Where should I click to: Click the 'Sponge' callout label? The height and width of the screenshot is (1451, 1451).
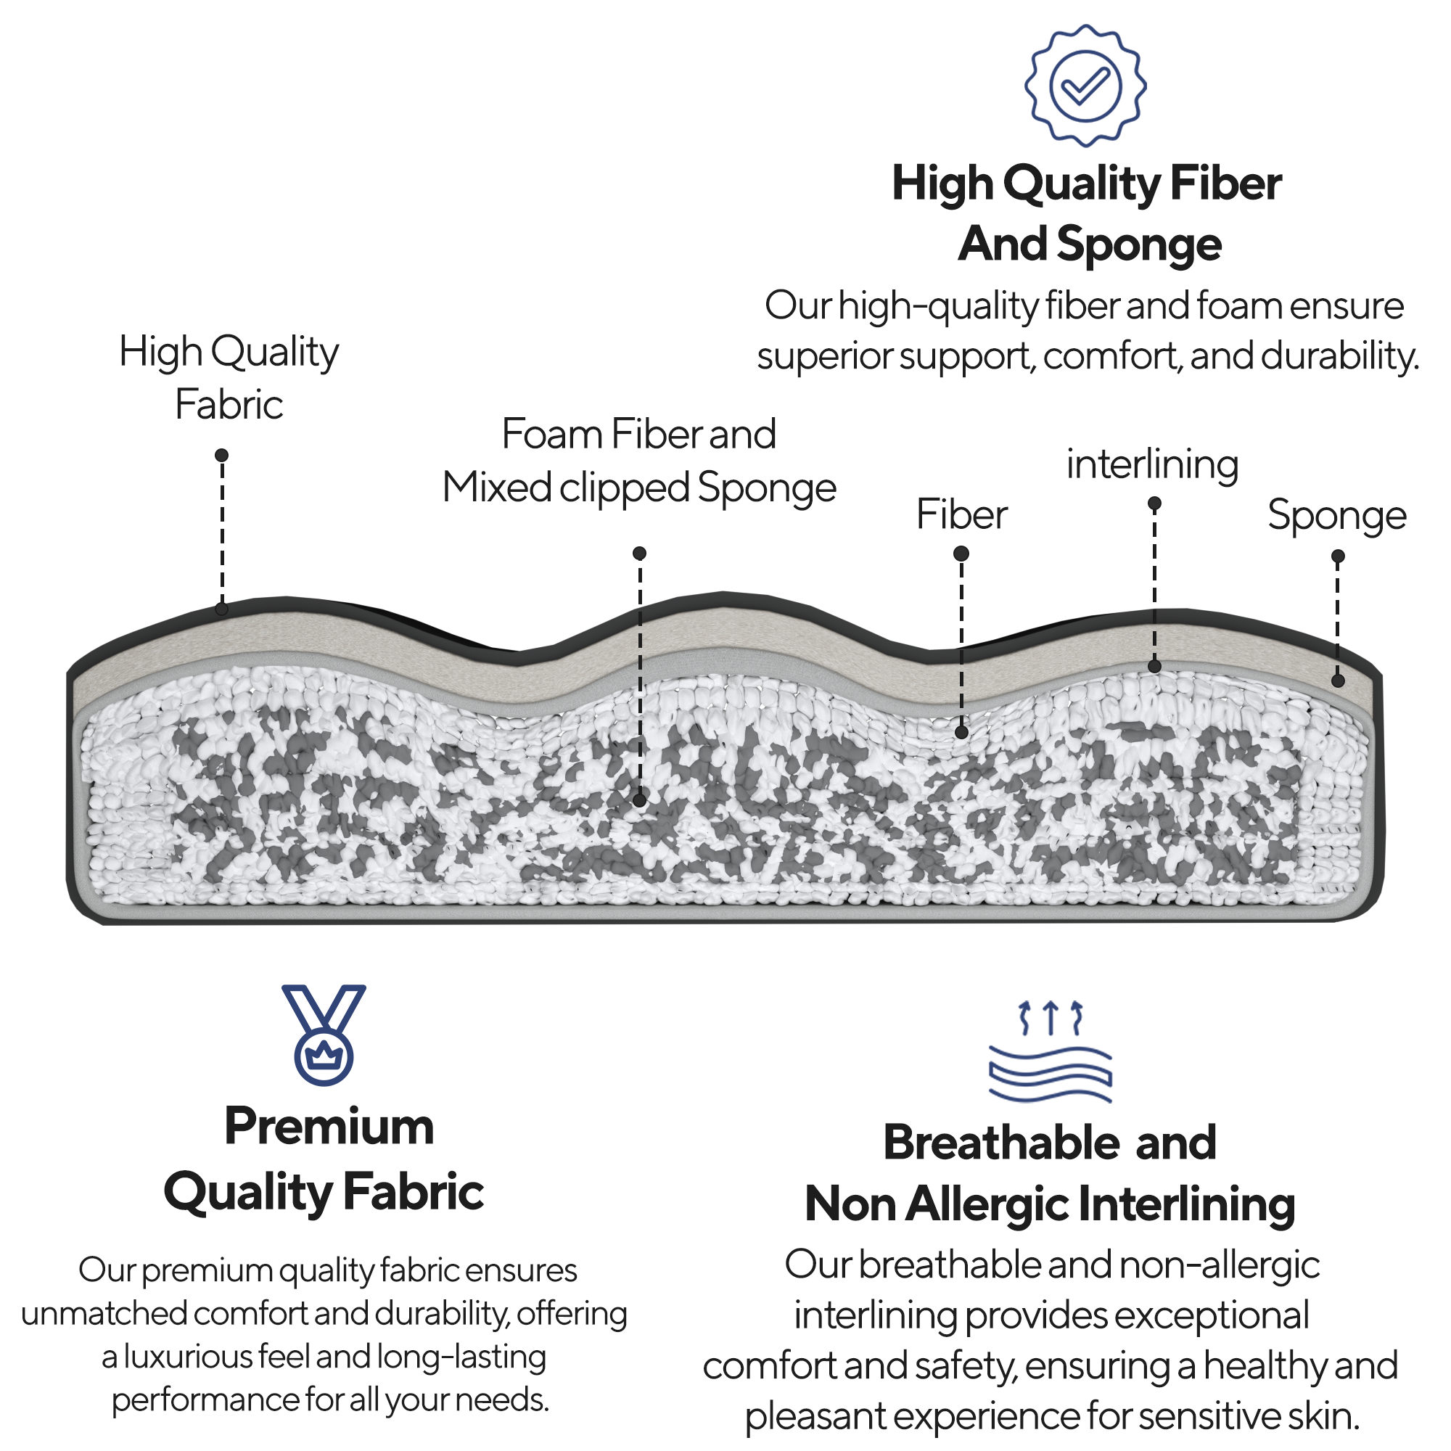[x=1337, y=515]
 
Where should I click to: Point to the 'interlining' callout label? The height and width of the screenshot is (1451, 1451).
[x=1152, y=464]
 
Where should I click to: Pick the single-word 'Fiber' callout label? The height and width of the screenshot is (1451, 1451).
[x=961, y=515]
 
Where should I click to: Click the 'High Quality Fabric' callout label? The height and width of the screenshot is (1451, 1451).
[x=229, y=378]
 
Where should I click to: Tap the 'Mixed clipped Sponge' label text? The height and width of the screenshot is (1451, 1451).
[x=639, y=488]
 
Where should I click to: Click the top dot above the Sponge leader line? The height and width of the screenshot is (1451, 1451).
[x=1338, y=556]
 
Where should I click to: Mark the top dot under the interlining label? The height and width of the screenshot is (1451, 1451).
[x=1155, y=503]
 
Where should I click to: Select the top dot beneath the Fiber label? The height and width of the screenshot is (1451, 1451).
[x=961, y=554]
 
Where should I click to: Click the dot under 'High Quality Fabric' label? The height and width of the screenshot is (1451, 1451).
[x=221, y=455]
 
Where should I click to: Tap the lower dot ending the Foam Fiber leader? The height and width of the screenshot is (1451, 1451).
[x=640, y=801]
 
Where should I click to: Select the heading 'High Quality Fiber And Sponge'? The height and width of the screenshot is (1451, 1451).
[x=1087, y=214]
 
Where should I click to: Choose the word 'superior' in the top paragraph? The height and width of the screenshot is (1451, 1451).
[x=825, y=356]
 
